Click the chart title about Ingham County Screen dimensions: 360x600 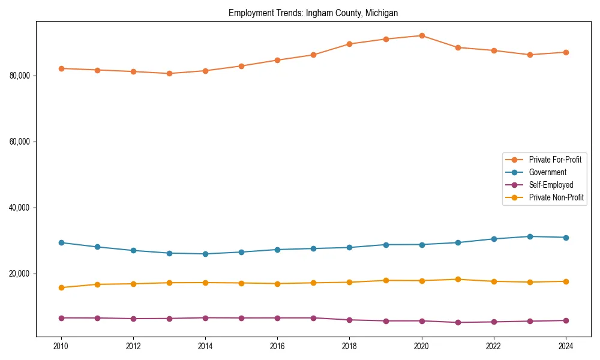tap(313, 13)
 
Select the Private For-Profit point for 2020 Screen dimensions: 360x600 tap(422, 35)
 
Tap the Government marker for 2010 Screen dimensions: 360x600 tap(61, 242)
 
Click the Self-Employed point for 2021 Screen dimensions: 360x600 tap(458, 322)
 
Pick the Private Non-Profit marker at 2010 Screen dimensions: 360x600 tap(61, 287)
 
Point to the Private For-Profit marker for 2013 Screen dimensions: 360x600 tap(169, 73)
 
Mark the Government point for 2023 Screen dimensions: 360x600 tap(530, 236)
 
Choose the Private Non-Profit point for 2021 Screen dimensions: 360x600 tap(458, 279)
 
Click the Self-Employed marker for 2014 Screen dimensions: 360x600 tap(205, 317)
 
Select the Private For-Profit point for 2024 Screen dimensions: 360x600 tap(566, 52)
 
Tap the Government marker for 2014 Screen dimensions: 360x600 tap(205, 254)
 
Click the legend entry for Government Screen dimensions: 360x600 tap(547, 172)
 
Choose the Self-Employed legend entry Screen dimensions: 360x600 tap(551, 185)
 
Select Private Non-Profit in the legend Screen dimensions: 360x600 tap(556, 197)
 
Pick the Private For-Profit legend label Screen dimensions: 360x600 tap(555, 160)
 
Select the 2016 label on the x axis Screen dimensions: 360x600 tap(277, 346)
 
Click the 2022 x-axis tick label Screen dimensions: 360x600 tap(494, 346)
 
